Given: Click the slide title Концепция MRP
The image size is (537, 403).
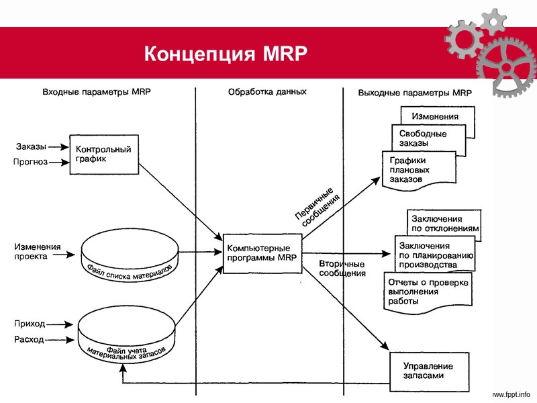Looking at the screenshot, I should point(226,53).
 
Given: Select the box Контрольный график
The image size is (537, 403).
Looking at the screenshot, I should point(104,154).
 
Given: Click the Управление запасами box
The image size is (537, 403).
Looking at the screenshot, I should point(427,371).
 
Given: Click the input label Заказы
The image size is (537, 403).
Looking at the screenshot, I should point(31,146).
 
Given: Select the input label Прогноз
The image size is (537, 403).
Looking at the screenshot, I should point(30,162).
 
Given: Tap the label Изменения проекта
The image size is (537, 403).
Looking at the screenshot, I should point(38,251).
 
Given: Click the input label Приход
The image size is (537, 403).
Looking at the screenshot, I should point(30,324).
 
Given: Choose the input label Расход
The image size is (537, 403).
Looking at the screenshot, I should point(29,339).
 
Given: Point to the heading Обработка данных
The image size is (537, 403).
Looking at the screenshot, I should point(267,92).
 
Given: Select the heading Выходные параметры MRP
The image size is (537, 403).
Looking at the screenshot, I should point(415,93).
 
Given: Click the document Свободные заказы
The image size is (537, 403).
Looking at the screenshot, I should point(423,138).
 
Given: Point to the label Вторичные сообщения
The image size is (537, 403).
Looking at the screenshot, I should point(342,269).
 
